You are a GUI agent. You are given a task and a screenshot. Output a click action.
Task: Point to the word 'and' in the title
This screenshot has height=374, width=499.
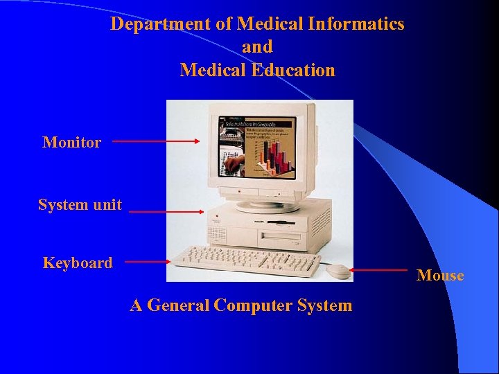[257, 47]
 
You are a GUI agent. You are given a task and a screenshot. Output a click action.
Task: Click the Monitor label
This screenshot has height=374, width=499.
[72, 143]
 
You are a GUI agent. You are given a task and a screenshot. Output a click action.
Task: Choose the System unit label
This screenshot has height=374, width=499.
[80, 205]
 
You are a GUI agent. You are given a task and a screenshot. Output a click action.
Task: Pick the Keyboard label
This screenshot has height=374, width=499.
[78, 263]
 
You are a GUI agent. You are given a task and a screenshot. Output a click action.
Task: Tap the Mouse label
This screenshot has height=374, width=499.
[440, 276]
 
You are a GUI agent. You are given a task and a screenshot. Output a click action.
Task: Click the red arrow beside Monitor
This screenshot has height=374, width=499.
[156, 141]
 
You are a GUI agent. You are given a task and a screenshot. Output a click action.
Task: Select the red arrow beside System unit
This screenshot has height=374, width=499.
[166, 212]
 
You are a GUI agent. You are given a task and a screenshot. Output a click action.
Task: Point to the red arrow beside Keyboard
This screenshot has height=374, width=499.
[148, 262]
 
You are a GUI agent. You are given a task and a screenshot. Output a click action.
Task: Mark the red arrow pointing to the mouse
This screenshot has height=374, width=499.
[378, 270]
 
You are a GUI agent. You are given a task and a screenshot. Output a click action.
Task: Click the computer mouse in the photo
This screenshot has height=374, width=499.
[339, 271]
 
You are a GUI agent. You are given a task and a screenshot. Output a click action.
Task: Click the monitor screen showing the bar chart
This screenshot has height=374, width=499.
[257, 145]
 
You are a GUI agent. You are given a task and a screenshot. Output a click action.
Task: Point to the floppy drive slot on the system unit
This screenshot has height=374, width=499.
[280, 223]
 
